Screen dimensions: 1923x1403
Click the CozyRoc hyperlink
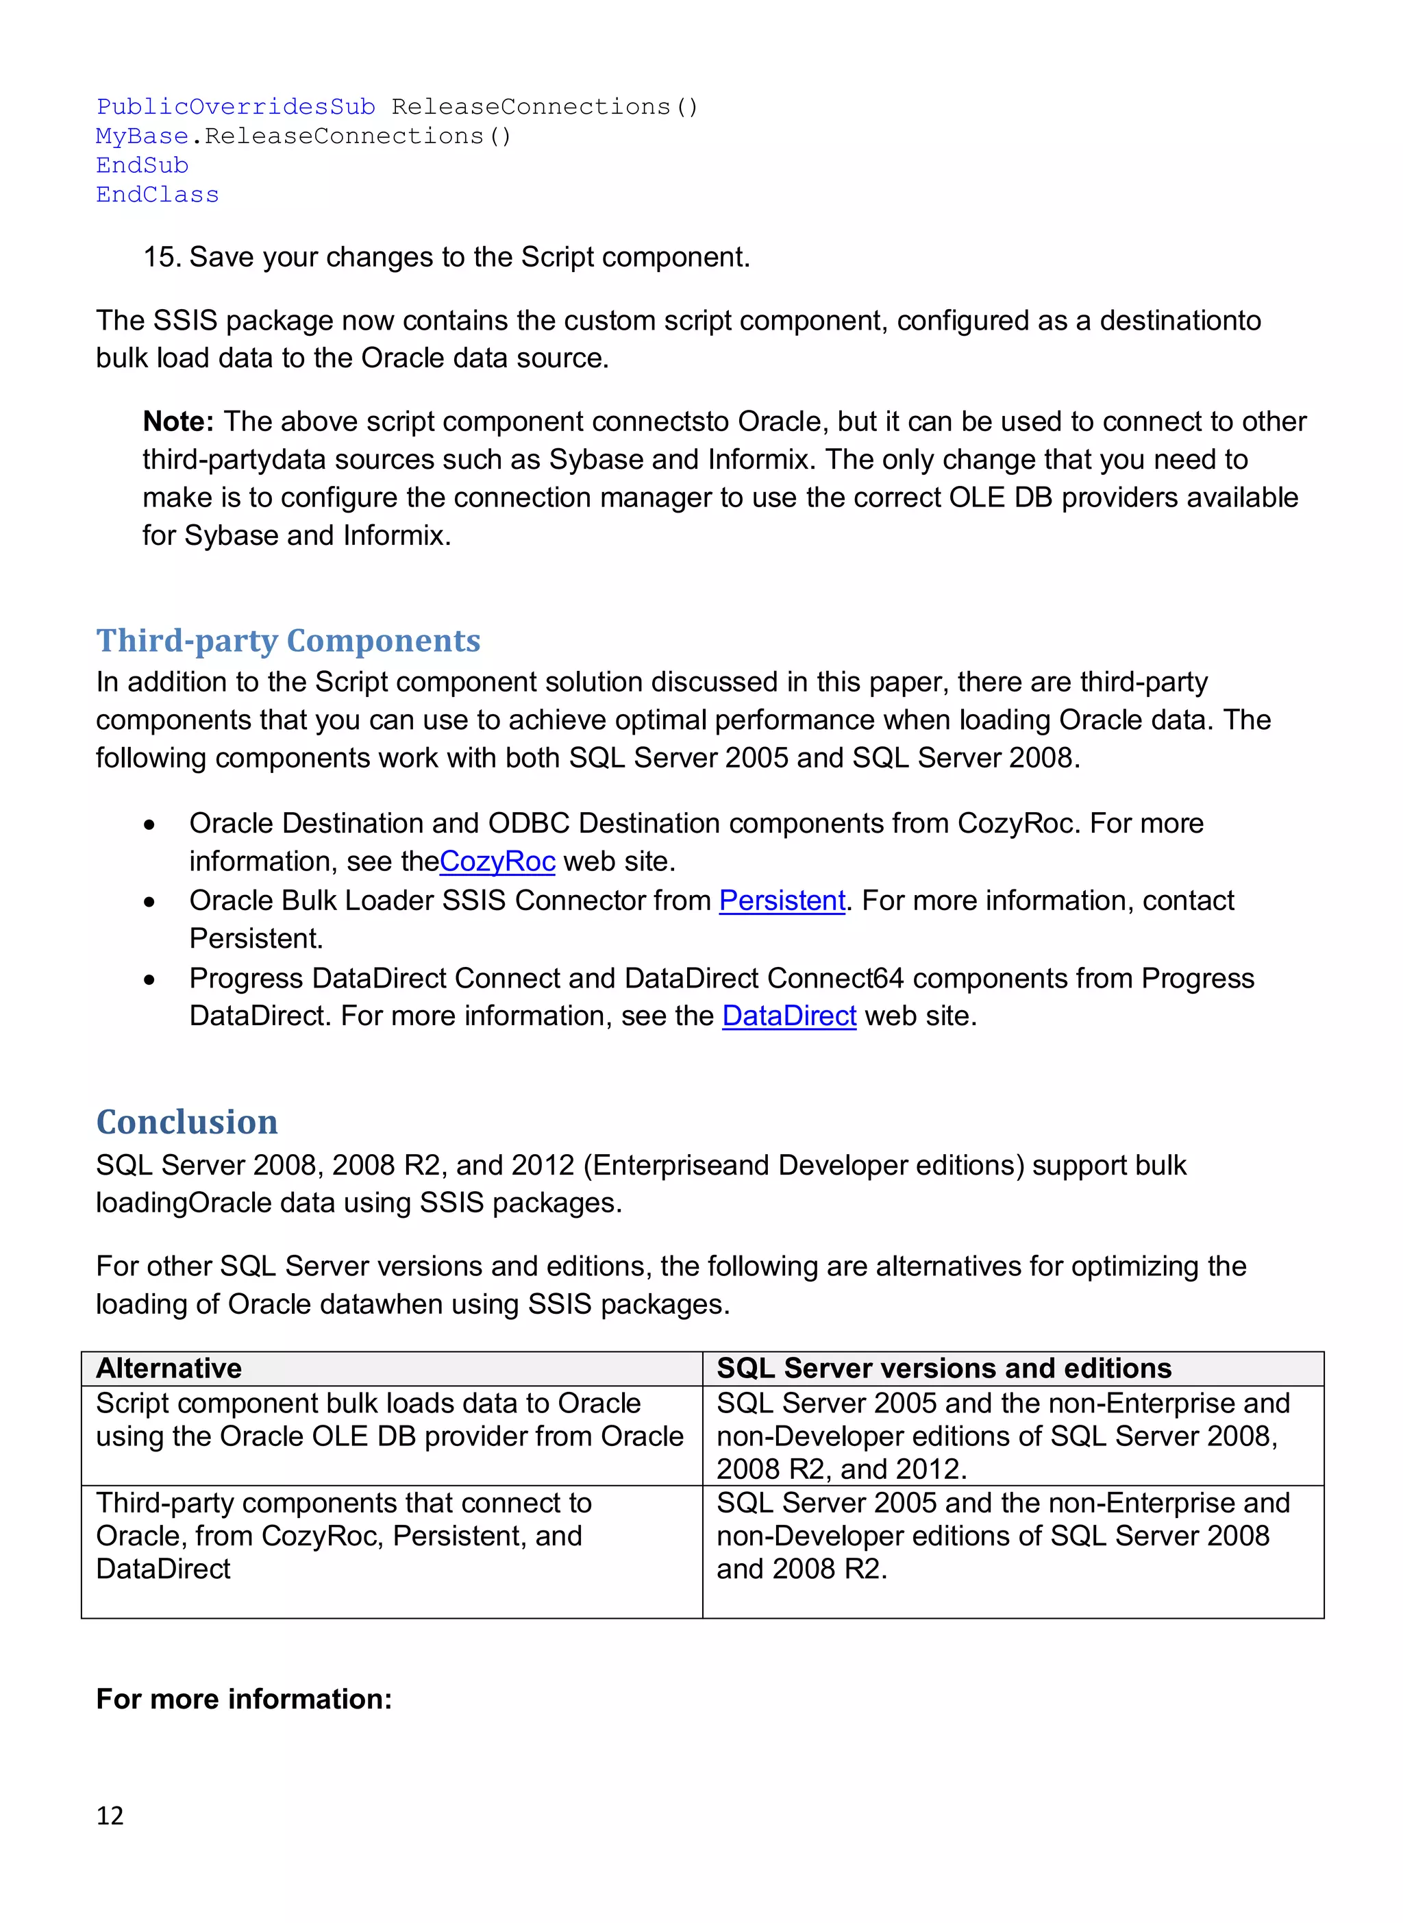(x=497, y=861)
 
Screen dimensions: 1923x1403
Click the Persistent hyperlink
(x=782, y=901)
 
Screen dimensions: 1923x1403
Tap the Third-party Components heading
(x=288, y=641)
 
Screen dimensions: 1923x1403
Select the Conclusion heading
(x=187, y=1122)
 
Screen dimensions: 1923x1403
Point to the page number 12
(x=110, y=1816)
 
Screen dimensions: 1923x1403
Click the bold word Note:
(x=178, y=421)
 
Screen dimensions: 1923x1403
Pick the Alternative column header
(x=169, y=1369)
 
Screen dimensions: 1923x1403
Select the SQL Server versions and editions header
(x=943, y=1369)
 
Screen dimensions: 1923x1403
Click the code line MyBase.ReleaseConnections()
(x=303, y=136)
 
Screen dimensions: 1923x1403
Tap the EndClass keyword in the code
(x=157, y=195)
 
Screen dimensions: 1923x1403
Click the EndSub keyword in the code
(x=142, y=166)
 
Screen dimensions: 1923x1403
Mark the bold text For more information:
(x=244, y=1699)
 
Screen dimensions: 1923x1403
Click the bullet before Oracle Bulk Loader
(x=149, y=902)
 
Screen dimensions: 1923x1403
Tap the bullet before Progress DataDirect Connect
(x=149, y=979)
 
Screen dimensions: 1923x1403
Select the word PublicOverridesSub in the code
(x=235, y=107)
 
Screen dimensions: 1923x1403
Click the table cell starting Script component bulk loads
(x=390, y=1419)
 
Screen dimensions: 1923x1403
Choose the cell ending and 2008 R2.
(x=1002, y=1536)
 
